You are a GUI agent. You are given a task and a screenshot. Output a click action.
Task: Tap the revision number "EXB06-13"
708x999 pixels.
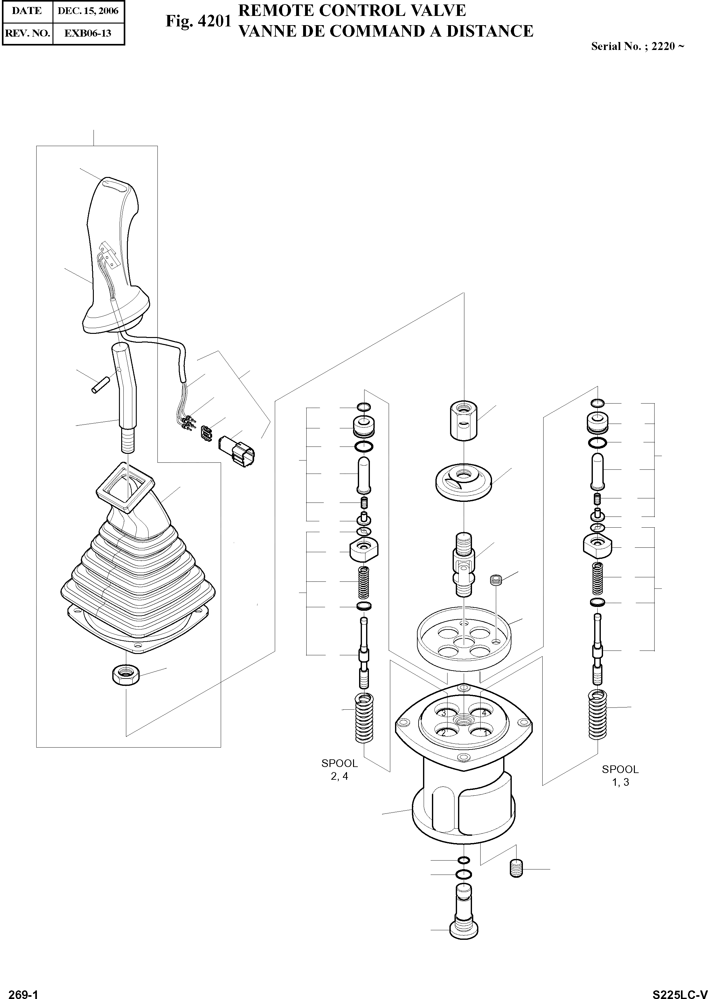click(88, 33)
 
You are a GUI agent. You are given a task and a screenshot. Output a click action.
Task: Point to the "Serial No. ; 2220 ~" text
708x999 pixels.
click(637, 46)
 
